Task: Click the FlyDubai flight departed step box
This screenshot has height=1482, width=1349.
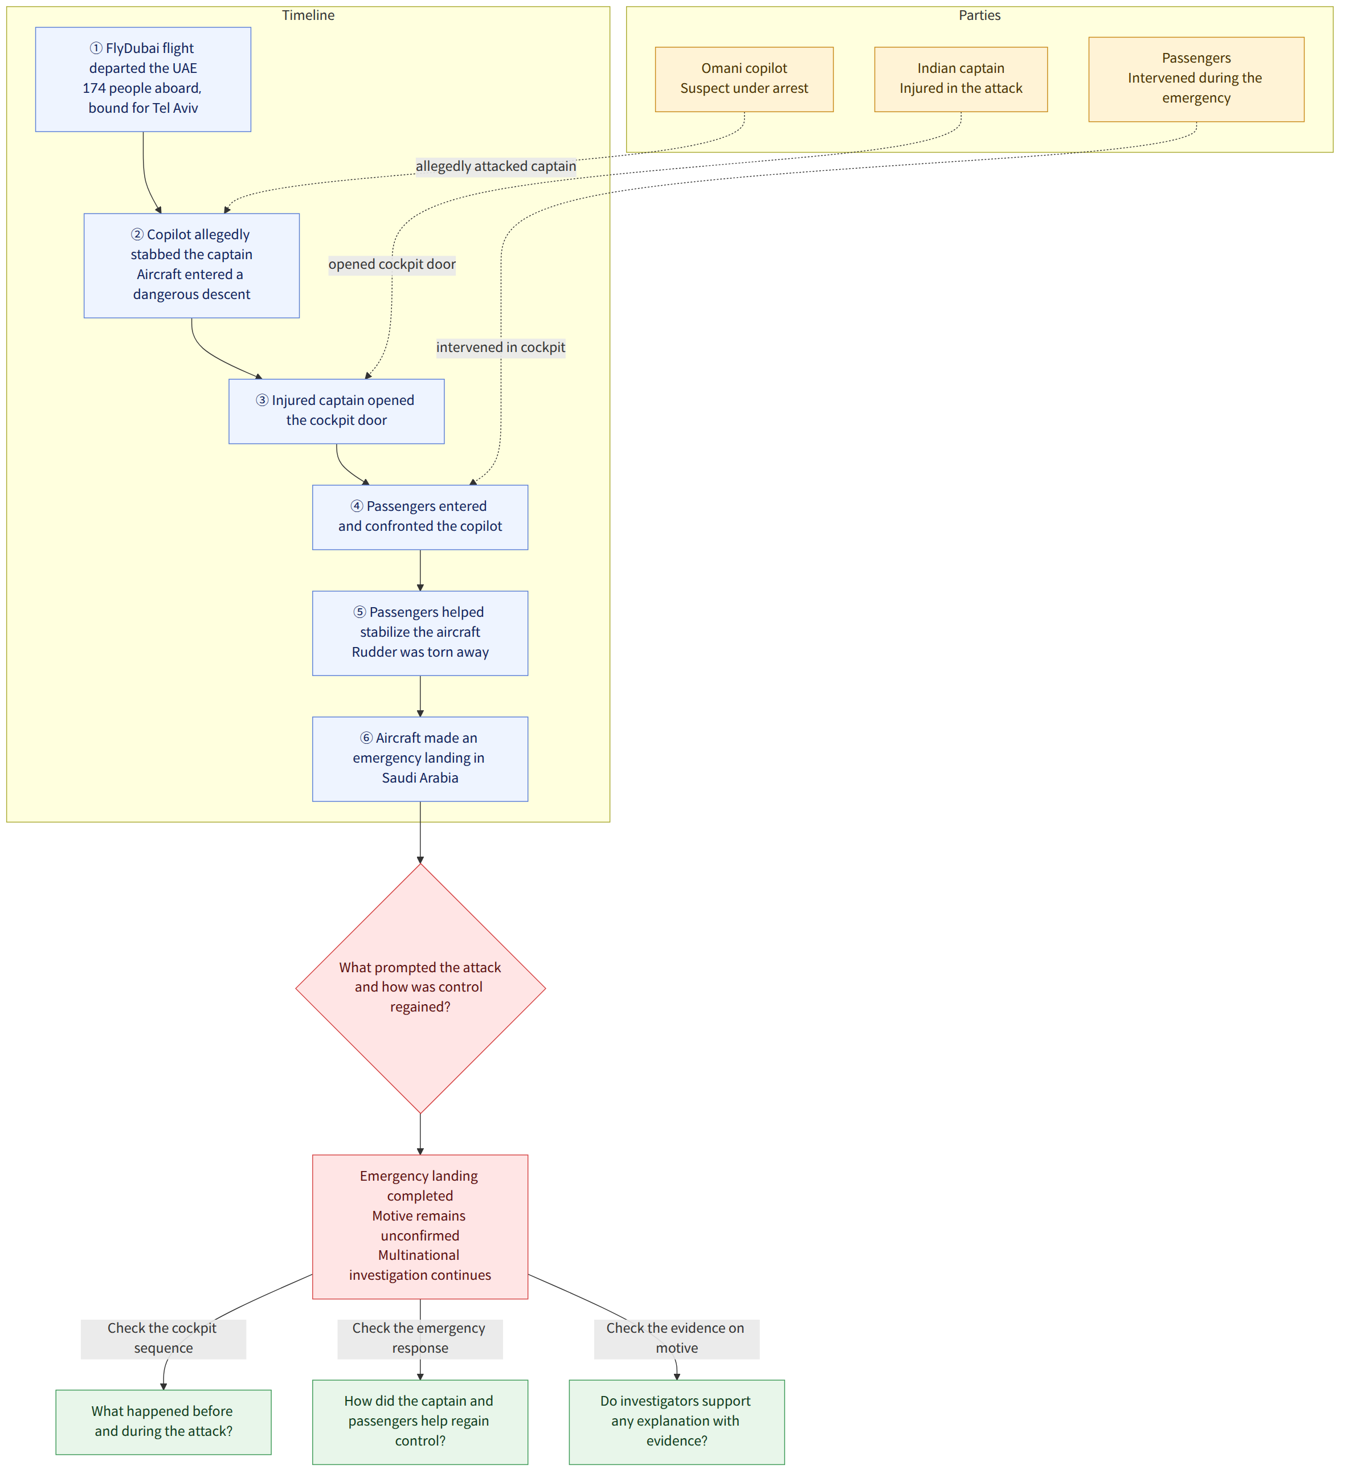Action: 144,79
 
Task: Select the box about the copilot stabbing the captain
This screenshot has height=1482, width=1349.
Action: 192,265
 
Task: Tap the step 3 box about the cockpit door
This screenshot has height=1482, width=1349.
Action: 337,411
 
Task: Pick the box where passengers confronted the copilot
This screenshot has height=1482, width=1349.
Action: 420,517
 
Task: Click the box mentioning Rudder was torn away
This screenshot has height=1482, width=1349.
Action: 420,633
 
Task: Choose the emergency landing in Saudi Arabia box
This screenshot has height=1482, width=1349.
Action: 420,759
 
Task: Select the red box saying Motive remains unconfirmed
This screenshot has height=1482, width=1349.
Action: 420,1226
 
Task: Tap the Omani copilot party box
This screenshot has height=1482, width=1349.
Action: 744,79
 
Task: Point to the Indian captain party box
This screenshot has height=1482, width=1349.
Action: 961,79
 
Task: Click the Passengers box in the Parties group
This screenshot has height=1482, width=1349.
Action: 1196,79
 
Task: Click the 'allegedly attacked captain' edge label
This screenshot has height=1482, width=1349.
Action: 496,166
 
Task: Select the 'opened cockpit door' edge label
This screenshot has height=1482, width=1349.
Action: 392,264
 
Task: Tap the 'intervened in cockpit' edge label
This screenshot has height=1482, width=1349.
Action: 501,347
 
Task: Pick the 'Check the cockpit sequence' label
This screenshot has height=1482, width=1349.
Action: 163,1338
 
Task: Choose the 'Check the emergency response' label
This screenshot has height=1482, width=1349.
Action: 420,1338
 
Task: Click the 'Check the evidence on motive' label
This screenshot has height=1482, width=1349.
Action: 676,1338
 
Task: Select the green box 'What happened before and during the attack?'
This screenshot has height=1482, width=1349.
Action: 163,1421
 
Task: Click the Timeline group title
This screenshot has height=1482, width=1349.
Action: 308,15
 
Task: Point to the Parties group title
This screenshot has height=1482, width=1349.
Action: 979,15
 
